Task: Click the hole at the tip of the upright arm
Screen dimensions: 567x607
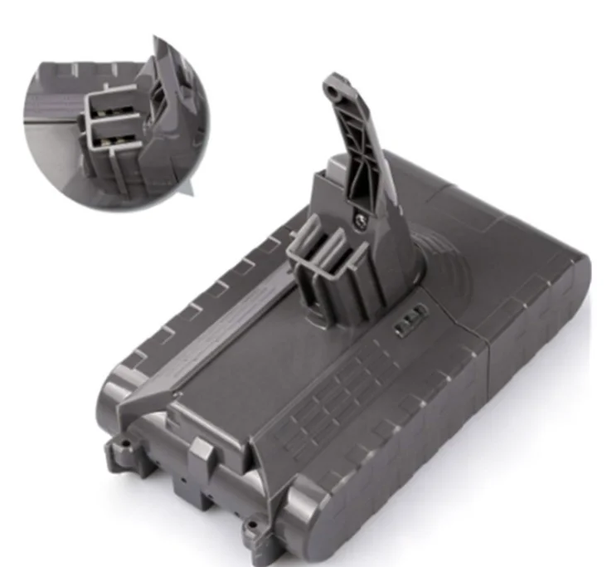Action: [335, 85]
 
